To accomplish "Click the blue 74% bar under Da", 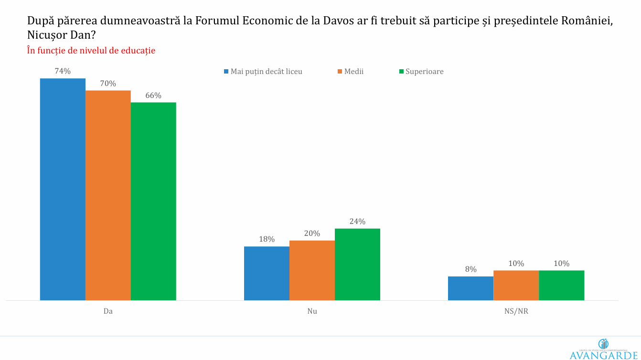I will [63, 189].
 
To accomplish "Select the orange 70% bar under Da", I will [108, 195].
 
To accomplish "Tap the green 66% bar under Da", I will [153, 201].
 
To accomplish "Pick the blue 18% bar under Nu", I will [267, 273].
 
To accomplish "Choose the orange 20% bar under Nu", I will [312, 270].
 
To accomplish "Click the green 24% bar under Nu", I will [357, 264].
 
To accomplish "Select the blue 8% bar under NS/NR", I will [470, 288].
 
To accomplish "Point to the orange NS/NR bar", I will [516, 285].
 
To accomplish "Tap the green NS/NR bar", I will [561, 285].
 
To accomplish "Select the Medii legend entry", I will [354, 72].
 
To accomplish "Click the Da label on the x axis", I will [108, 311].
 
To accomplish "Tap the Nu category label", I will [312, 311].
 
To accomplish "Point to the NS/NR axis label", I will [516, 311].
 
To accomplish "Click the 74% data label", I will [63, 71].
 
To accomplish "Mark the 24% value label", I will [357, 222].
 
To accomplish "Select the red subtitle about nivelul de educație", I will [91, 51].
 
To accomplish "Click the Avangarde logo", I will [603, 349].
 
